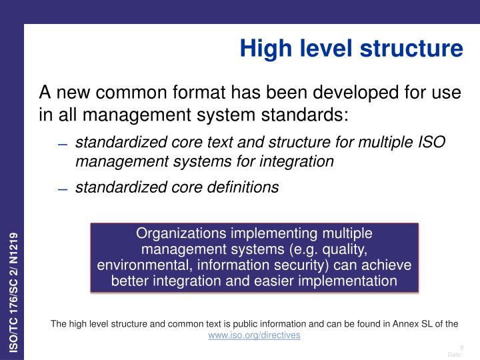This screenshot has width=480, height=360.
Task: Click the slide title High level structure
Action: tap(351, 48)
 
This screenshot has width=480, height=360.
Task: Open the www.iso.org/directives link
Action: tap(254, 335)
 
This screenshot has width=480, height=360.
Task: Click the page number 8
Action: tap(461, 347)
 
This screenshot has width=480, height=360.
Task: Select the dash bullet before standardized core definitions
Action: tap(63, 189)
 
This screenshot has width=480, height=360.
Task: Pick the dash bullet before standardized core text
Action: tap(63, 144)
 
